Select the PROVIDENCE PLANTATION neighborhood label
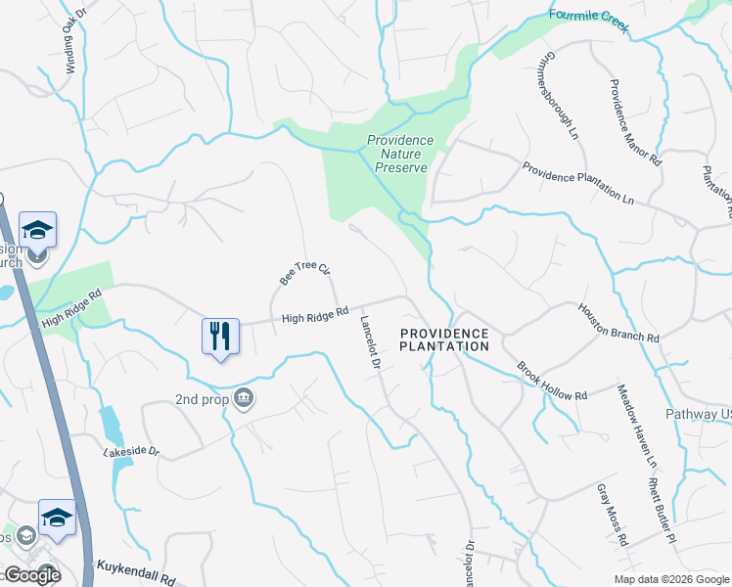point(444,339)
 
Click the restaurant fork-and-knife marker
point(220,337)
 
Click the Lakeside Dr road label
point(131,452)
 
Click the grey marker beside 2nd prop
point(245,397)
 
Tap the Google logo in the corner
point(31,575)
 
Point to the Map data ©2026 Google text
point(670,579)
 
